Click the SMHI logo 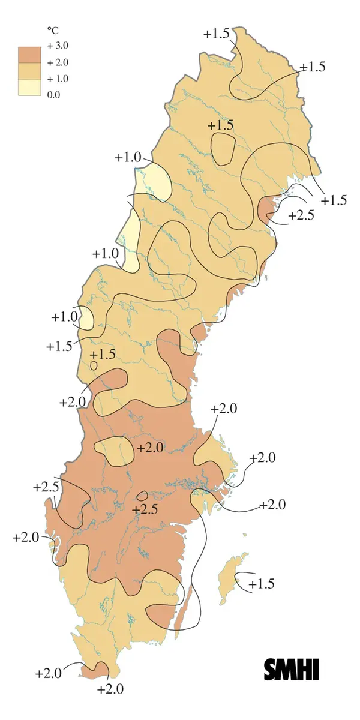(292, 669)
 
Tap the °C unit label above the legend (52, 29)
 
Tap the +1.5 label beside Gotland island (262, 584)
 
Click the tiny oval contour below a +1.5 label (94, 365)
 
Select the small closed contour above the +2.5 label (143, 496)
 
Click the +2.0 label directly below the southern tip (110, 689)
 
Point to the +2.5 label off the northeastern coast (301, 215)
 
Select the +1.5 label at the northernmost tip (216, 34)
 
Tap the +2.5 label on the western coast (46, 487)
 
